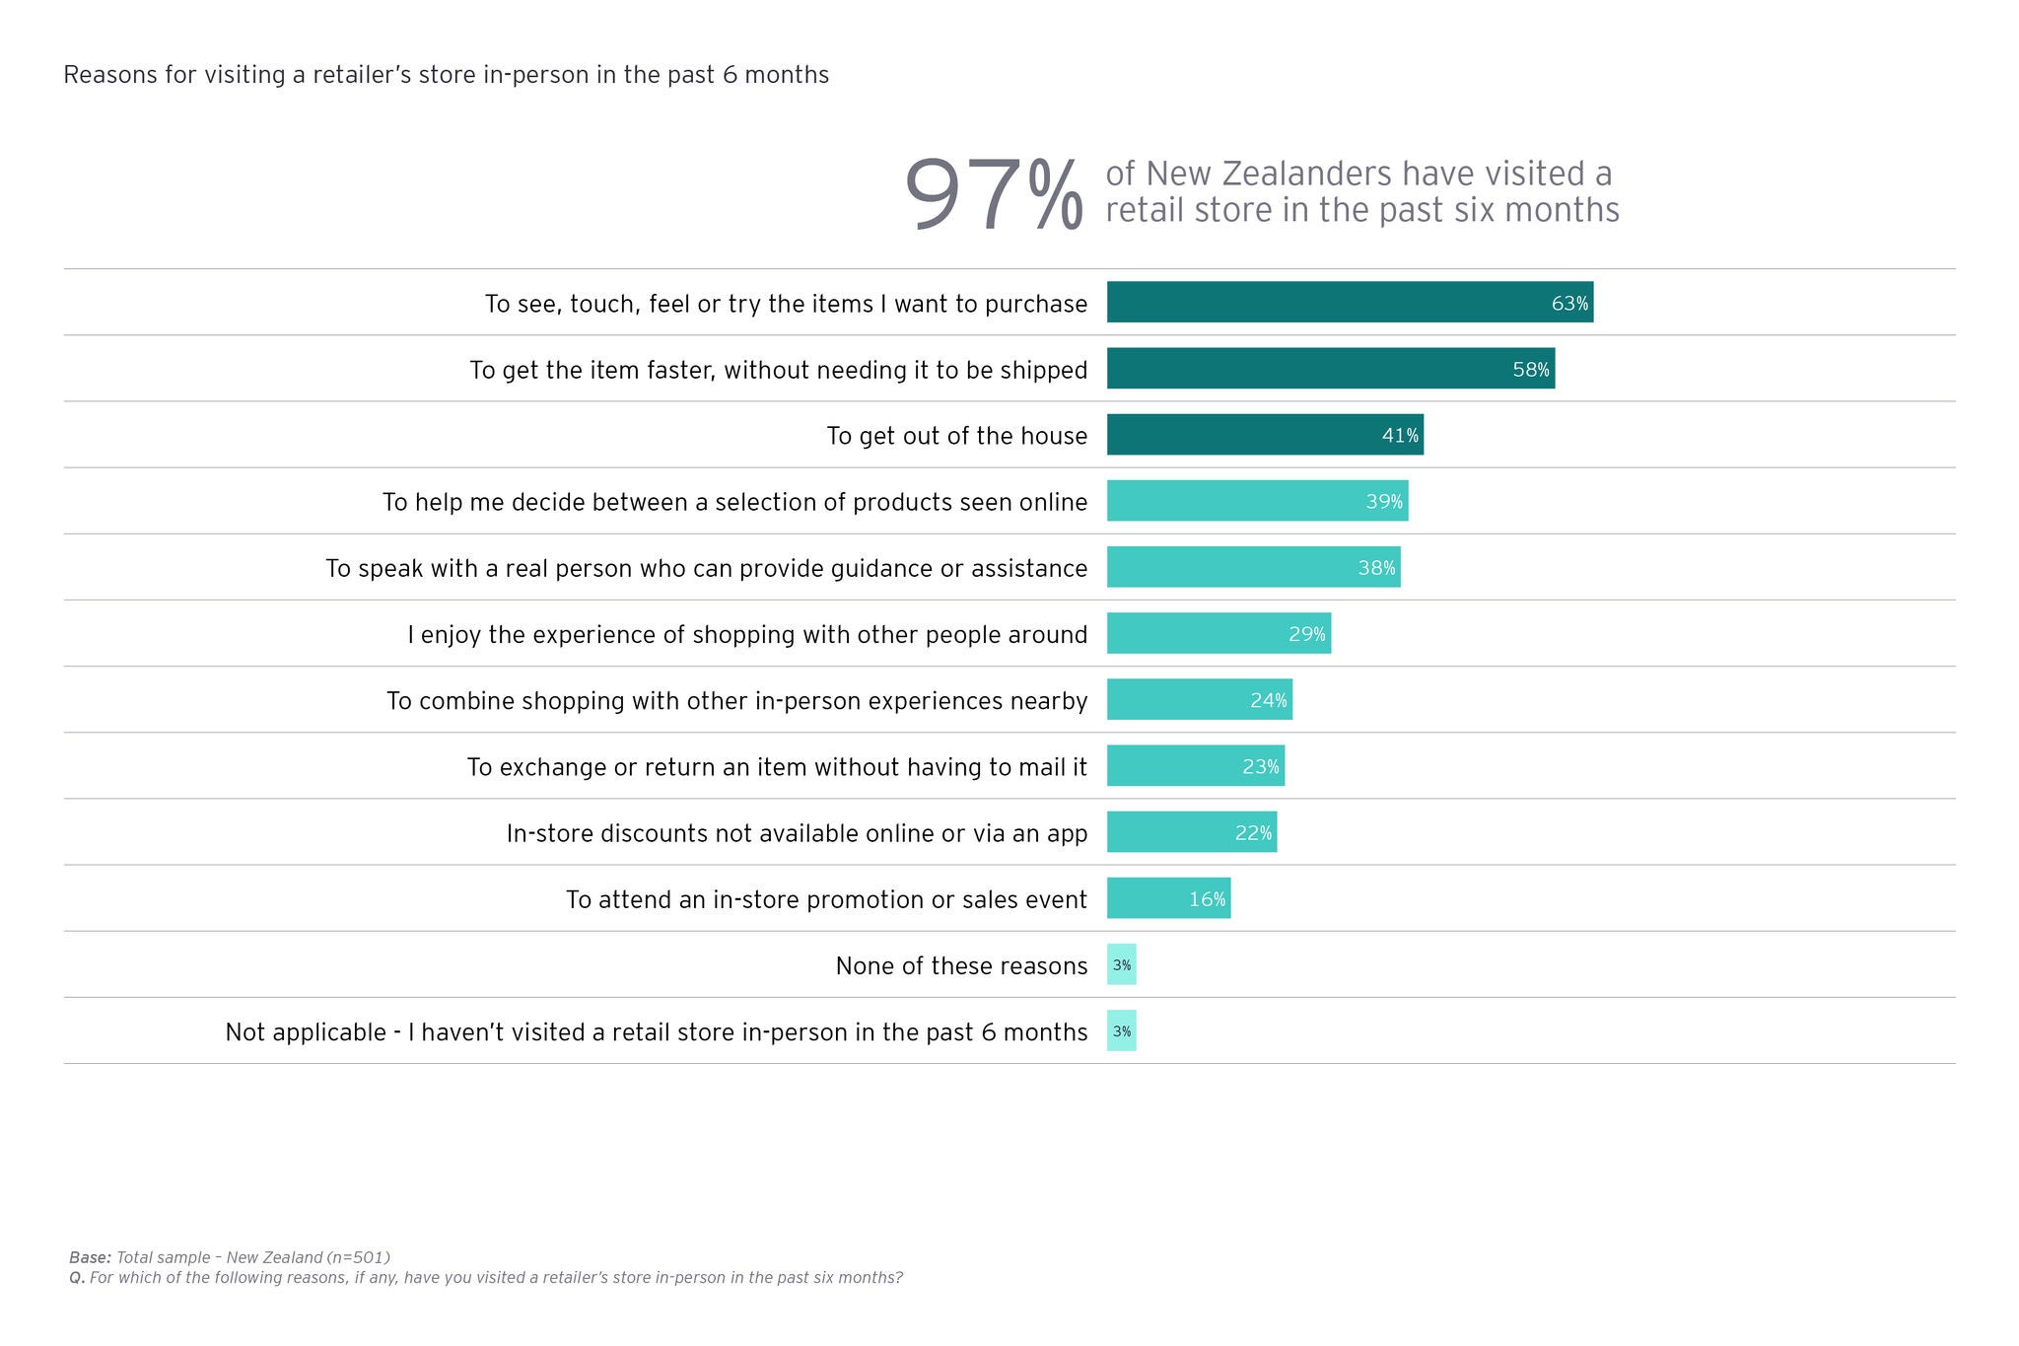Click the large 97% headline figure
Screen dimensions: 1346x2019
pos(992,196)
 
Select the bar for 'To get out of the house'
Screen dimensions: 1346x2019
pos(1264,435)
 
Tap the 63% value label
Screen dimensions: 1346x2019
pos(1569,304)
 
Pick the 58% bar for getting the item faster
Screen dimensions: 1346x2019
pos(1330,369)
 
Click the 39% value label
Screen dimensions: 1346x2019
pos(1383,502)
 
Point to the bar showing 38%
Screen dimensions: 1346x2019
pos(1253,568)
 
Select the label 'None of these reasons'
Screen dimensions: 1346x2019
pos(961,966)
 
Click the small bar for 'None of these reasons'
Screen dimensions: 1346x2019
pos(1122,965)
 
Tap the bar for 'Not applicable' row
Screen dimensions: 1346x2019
pos(1122,1031)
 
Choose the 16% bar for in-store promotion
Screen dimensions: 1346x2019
pos(1168,898)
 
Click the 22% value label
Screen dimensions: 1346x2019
pos(1253,833)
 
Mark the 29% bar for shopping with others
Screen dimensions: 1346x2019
pos(1218,634)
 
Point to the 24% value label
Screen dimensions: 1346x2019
pos(1268,701)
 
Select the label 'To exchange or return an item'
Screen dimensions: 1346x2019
pos(777,767)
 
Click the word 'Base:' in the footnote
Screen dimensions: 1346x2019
pos(90,1258)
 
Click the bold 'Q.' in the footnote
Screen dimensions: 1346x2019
pos(77,1278)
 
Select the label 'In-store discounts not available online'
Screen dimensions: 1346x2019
pos(797,834)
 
